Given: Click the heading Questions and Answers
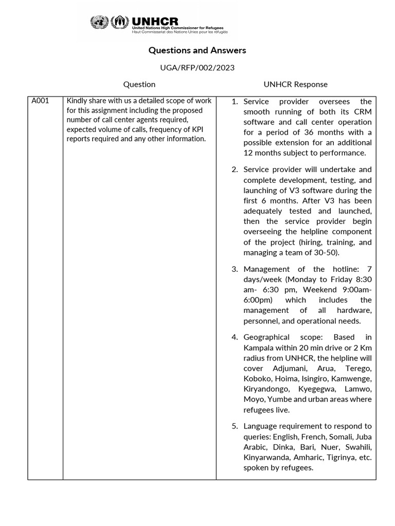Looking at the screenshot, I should tap(197, 50).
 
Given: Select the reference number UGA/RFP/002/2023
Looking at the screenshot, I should tap(197, 67).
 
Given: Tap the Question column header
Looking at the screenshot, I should tap(139, 84).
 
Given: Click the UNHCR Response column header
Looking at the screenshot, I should tap(295, 84).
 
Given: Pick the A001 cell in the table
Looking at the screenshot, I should tap(40, 101).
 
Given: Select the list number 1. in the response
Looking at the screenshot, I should tap(235, 102).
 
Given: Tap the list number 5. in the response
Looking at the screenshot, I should tap(235, 426).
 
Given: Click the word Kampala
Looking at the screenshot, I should tap(258, 348).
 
